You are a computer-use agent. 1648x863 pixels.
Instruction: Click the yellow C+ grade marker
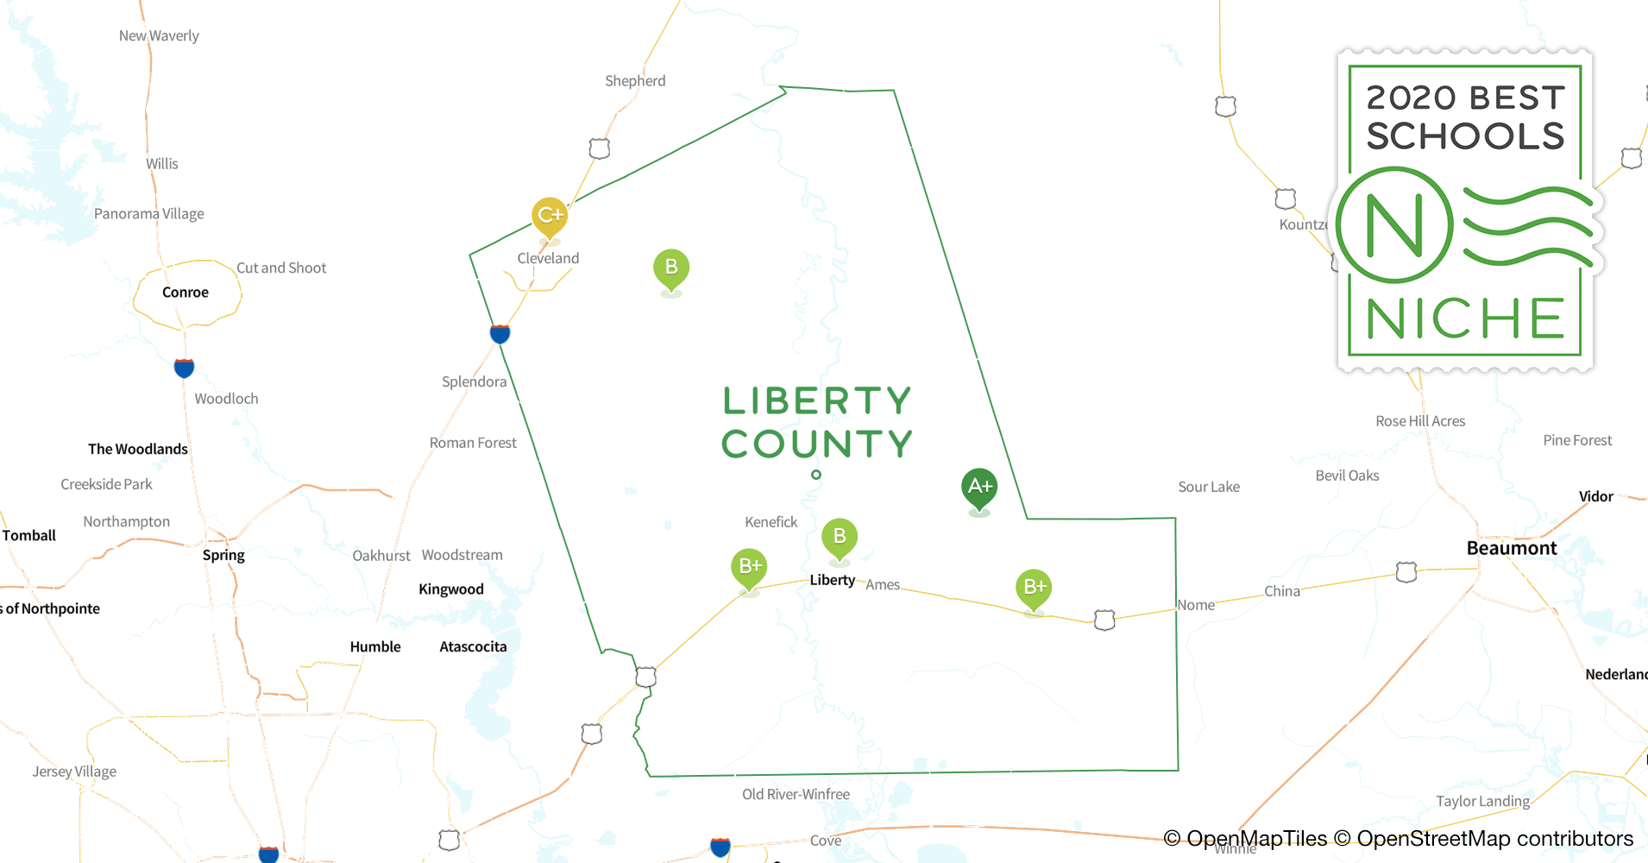pos(550,215)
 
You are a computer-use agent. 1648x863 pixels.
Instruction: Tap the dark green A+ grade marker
pos(979,487)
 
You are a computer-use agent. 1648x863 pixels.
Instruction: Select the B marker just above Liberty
pos(839,537)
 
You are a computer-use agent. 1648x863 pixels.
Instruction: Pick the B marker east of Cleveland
pos(671,268)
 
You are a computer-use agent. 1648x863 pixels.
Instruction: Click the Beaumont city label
pos(1512,548)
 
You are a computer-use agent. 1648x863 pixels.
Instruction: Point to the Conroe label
pos(186,293)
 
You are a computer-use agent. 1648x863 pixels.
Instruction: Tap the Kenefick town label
pos(771,522)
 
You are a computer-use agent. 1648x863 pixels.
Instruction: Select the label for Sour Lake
pos(1209,487)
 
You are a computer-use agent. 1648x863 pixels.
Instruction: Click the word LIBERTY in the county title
pos(816,401)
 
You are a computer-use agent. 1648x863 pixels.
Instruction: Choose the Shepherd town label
pos(635,81)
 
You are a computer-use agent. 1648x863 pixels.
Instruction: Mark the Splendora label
pos(474,381)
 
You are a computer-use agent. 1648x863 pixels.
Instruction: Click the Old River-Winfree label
pos(796,794)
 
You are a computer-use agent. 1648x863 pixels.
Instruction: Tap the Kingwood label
pos(451,589)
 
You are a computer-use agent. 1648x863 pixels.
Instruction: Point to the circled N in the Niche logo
pos(1394,225)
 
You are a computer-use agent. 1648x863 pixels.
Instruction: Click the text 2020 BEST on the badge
pos(1465,98)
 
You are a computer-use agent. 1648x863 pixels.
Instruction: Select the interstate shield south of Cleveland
pos(500,333)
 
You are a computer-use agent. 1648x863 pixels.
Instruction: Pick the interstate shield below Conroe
pos(184,369)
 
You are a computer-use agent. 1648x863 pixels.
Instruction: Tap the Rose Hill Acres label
pos(1420,421)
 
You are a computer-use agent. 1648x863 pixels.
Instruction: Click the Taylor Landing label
pos(1482,801)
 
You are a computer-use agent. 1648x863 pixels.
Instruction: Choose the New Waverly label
pos(159,36)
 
